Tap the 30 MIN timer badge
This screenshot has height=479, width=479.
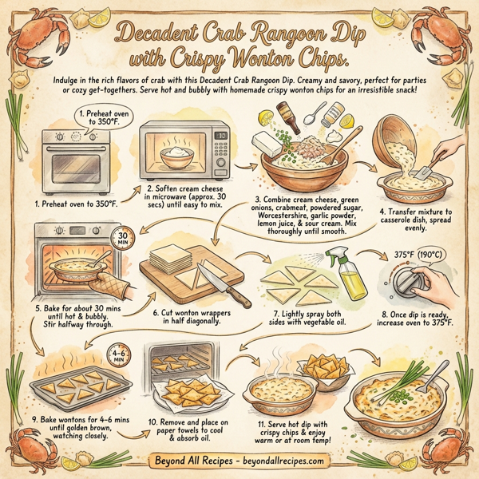[x=121, y=239]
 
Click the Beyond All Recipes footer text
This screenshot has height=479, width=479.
[x=239, y=461]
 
